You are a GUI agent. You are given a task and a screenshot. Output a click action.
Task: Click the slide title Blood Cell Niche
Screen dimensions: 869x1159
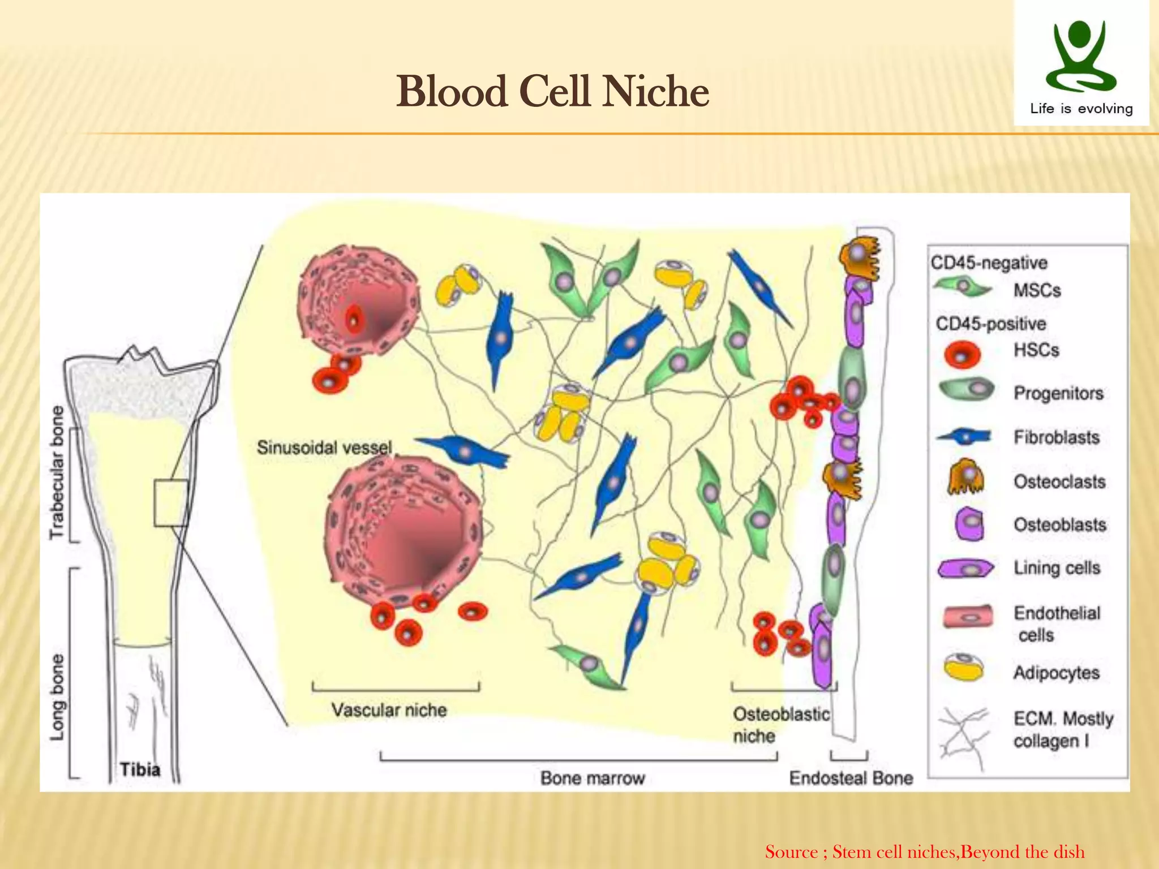pyautogui.click(x=552, y=92)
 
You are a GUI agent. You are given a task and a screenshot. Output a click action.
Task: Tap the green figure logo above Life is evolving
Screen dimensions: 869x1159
pyautogui.click(x=1080, y=57)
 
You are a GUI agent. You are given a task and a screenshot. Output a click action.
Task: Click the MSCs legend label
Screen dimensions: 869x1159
pyautogui.click(x=1037, y=290)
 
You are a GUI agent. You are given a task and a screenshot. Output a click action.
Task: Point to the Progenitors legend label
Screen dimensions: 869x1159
pyautogui.click(x=1058, y=393)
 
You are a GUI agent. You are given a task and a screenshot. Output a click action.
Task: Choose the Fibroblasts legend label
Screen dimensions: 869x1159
pyautogui.click(x=1057, y=437)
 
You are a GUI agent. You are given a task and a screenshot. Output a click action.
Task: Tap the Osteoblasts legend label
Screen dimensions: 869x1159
pyautogui.click(x=1059, y=524)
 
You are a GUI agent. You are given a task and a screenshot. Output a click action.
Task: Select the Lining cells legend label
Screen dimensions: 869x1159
pyautogui.click(x=1057, y=567)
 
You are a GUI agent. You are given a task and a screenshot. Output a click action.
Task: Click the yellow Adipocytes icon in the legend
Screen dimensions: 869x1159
pyautogui.click(x=964, y=668)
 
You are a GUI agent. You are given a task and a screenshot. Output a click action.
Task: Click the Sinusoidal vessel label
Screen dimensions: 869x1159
pyautogui.click(x=324, y=448)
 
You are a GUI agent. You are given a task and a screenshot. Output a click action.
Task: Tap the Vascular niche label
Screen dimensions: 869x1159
pyautogui.click(x=389, y=710)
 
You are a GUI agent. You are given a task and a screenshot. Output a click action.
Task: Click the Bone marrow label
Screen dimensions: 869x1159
pyautogui.click(x=593, y=778)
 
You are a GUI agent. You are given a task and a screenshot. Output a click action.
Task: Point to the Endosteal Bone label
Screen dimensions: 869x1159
pyautogui.click(x=851, y=778)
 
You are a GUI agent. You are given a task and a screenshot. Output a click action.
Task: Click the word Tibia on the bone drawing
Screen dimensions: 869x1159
pyautogui.click(x=140, y=769)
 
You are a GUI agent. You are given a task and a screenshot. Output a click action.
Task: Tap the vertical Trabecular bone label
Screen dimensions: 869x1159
pyautogui.click(x=58, y=472)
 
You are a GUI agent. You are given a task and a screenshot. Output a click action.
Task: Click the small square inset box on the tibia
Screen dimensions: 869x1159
pyautogui.click(x=171, y=502)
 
